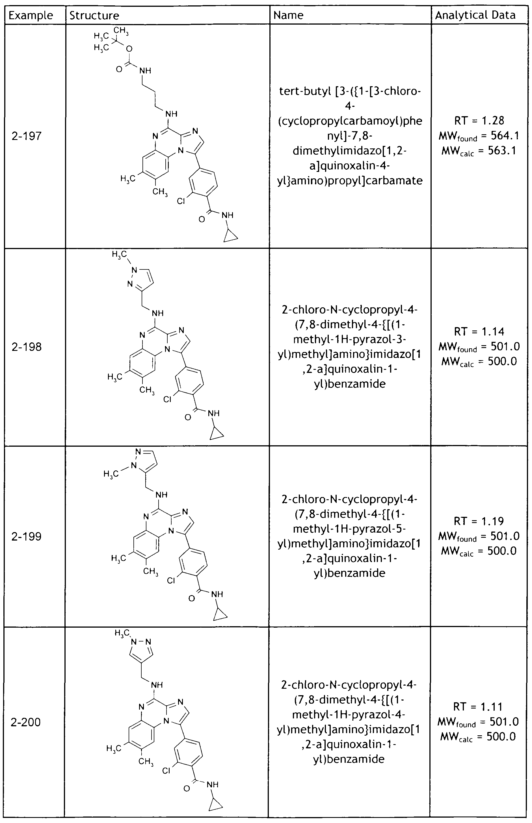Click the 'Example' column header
pos(31,16)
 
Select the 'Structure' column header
pos(94,16)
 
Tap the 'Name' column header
pos(288,15)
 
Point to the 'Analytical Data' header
pos(475,15)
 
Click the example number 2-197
pos(27,136)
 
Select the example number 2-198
pos(27,347)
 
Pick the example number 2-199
pos(27,536)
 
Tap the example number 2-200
pos(26,722)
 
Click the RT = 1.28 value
pos(479,121)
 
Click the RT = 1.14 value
pos(479,332)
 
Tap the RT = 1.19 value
pos(479,521)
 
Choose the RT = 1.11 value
pos(478,707)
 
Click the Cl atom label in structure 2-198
pos(168,399)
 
